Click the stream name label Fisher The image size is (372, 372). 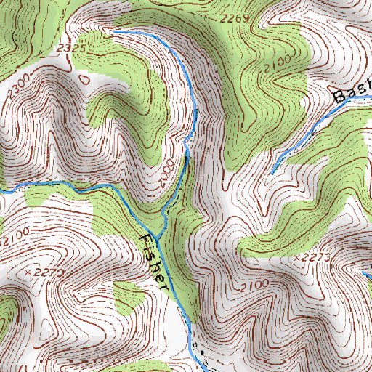pyautogui.click(x=155, y=262)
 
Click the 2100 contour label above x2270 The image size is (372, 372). pyautogui.click(x=15, y=236)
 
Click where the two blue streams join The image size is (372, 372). pyautogui.click(x=163, y=219)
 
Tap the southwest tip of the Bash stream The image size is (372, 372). pyautogui.click(x=273, y=173)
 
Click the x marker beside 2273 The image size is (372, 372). pyautogui.click(x=299, y=257)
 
